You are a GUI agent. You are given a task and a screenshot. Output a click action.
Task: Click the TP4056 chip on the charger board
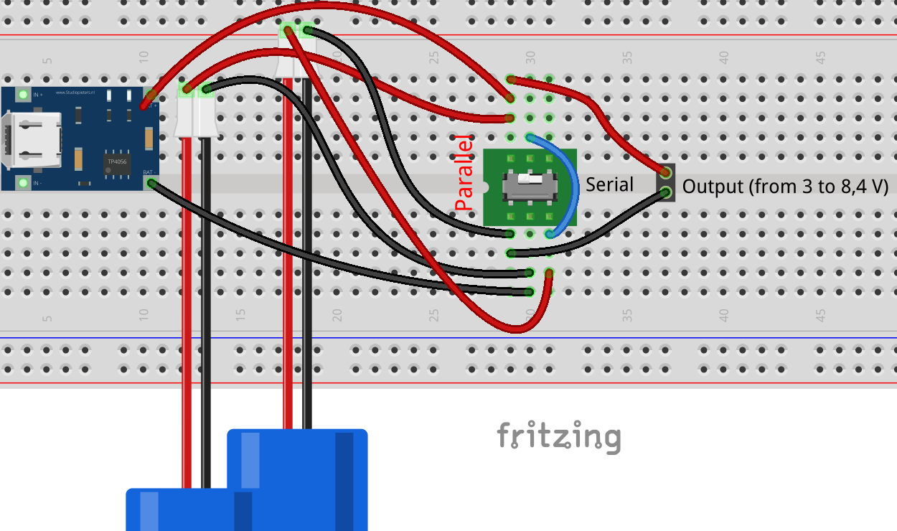pos(117,161)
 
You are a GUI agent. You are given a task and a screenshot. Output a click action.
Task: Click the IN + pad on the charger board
pos(23,95)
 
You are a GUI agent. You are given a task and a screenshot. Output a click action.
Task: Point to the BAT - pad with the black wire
pos(151,184)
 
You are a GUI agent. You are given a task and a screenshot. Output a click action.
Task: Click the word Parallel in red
pos(465,173)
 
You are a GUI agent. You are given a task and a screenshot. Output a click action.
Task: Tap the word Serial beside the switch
pos(609,184)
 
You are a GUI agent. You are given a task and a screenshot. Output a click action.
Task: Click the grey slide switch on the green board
pos(530,186)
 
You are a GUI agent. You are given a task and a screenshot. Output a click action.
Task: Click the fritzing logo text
pos(559,436)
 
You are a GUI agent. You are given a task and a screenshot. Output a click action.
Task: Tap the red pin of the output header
pos(666,172)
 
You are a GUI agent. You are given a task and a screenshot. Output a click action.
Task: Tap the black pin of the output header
pos(666,192)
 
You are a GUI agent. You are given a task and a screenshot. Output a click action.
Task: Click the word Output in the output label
pos(713,187)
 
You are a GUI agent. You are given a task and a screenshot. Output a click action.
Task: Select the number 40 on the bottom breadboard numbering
pos(723,315)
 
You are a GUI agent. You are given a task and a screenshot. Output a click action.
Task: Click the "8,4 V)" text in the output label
pos(863,187)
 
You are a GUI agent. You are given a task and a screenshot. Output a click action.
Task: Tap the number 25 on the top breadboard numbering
pos(433,57)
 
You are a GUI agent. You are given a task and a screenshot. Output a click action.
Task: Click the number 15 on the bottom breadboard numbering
pos(240,315)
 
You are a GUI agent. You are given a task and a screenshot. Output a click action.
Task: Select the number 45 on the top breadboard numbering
pos(820,57)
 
